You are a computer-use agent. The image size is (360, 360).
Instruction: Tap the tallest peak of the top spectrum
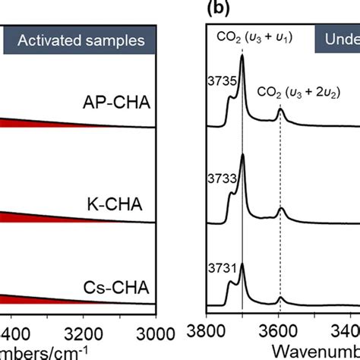242,57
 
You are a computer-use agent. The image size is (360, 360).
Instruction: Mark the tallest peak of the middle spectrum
242,156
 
